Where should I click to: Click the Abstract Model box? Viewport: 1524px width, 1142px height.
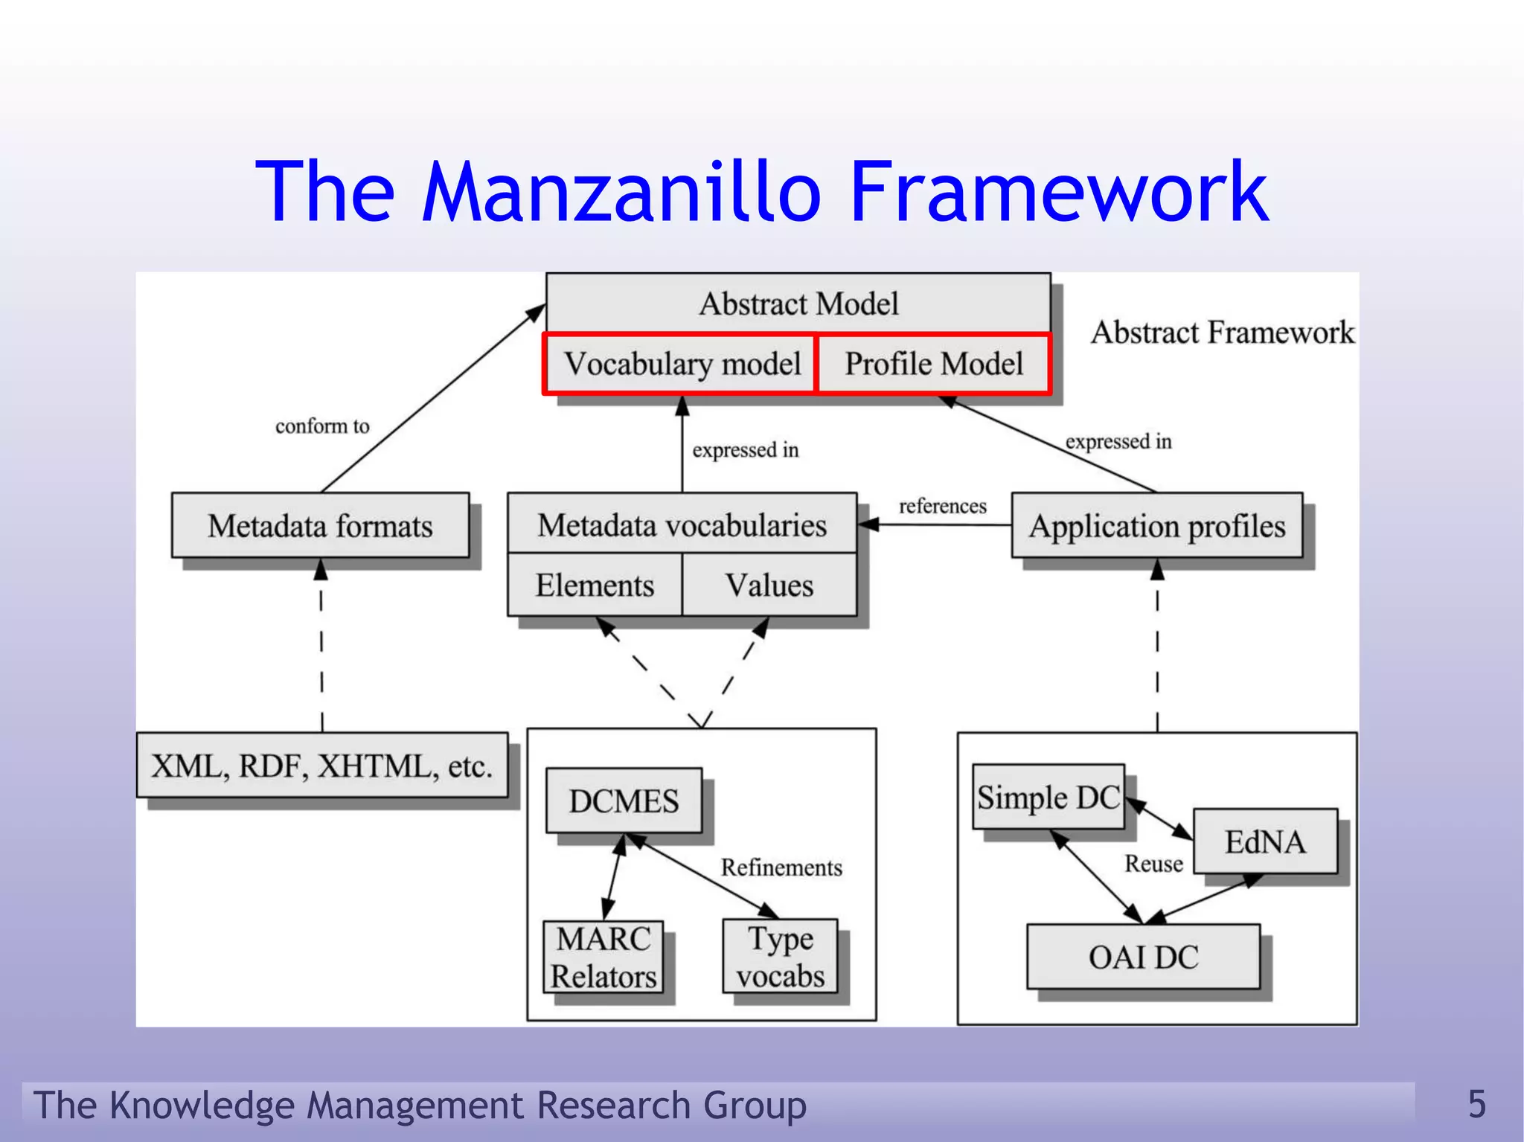798,304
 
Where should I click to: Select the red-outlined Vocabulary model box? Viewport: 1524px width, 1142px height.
681,364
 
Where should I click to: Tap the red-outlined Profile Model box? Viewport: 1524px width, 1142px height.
934,364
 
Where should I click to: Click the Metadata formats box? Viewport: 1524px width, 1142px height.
320,525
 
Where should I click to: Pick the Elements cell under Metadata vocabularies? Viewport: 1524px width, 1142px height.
595,585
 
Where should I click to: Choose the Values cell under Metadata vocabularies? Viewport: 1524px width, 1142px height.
769,585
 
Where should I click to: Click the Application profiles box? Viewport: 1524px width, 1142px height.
1157,525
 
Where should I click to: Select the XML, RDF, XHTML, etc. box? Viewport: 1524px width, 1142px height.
322,766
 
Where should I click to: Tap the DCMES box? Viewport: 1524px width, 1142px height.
624,801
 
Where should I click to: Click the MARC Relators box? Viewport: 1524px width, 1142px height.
603,957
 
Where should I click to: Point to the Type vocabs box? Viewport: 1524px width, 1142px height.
780,957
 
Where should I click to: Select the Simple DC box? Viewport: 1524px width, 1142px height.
1048,797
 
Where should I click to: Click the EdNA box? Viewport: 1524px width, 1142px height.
1265,841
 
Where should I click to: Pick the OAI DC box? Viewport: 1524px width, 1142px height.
1143,957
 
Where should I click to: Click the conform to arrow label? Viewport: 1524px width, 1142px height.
322,426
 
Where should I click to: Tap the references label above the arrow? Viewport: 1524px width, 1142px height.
942,506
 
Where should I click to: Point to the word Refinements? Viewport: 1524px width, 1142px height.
781,867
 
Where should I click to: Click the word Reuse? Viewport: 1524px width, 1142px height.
1153,863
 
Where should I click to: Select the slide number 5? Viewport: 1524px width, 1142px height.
1476,1103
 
